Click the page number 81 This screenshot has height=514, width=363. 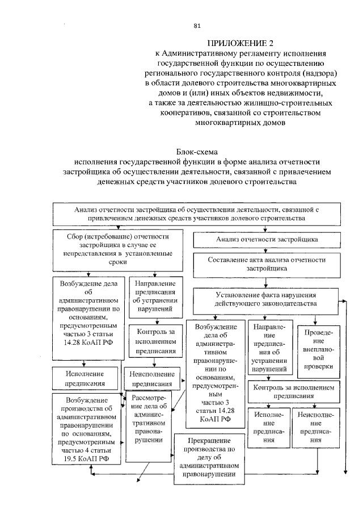point(197,25)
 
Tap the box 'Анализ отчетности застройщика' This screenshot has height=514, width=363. point(267,240)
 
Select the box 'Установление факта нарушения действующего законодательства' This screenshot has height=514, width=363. point(265,299)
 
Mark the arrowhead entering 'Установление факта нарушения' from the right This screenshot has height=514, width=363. point(340,300)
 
